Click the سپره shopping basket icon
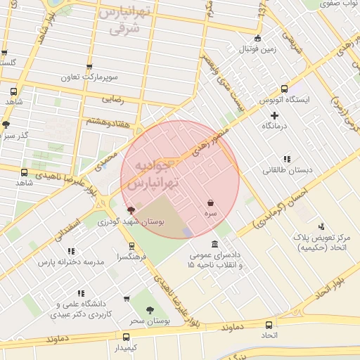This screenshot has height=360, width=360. [211, 202]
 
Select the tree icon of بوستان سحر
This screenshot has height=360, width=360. [150, 310]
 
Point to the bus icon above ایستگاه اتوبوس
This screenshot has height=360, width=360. [284, 89]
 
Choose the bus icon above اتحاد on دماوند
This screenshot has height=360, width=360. [269, 325]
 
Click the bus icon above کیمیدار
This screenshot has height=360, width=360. [126, 337]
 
